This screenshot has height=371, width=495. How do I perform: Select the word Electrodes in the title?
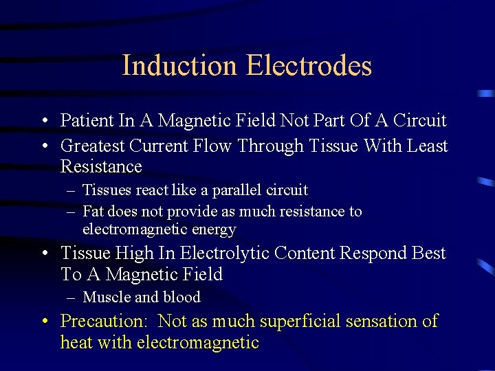pyautogui.click(x=309, y=66)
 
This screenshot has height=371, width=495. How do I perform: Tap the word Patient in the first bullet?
pyautogui.click(x=87, y=121)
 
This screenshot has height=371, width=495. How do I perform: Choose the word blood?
pyautogui.click(x=181, y=297)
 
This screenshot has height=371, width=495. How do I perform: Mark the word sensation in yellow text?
pyautogui.click(x=384, y=322)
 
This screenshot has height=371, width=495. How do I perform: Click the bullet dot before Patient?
pyautogui.click(x=43, y=122)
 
